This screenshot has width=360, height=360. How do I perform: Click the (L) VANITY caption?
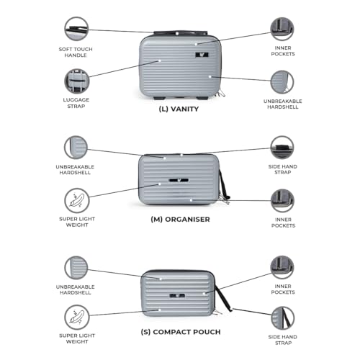coord(179,109)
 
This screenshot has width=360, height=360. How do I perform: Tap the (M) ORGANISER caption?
coord(180,220)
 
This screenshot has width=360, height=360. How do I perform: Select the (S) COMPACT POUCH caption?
coord(181,332)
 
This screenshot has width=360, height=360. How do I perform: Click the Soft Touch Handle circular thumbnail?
coord(76,29)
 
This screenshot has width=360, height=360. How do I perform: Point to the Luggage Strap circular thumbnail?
coord(76,81)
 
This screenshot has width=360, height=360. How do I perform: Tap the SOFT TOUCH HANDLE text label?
coord(76,52)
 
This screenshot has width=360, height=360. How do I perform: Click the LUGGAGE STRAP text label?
coord(76,103)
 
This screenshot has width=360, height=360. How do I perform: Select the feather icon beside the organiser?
coord(76,201)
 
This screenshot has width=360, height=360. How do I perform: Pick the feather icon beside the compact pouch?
coord(76,318)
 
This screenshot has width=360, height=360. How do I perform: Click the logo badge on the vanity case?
coord(202,55)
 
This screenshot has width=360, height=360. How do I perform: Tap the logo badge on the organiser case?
coord(179,180)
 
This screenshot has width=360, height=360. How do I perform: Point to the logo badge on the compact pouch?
coord(177,296)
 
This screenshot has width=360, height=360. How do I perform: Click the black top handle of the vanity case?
coord(181,33)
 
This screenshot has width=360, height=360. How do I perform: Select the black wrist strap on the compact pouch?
coord(224,298)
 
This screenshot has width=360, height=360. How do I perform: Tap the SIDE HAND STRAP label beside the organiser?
coord(283,169)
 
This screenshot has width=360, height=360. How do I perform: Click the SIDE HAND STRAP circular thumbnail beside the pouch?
coord(282,318)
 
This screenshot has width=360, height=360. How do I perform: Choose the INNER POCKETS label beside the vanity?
coord(283,51)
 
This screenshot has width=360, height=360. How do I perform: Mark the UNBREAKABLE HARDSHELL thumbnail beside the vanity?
coord(282,82)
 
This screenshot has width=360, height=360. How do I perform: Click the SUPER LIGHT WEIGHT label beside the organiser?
coord(77,222)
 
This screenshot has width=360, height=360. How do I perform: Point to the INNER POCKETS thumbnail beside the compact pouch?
coord(282,267)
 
